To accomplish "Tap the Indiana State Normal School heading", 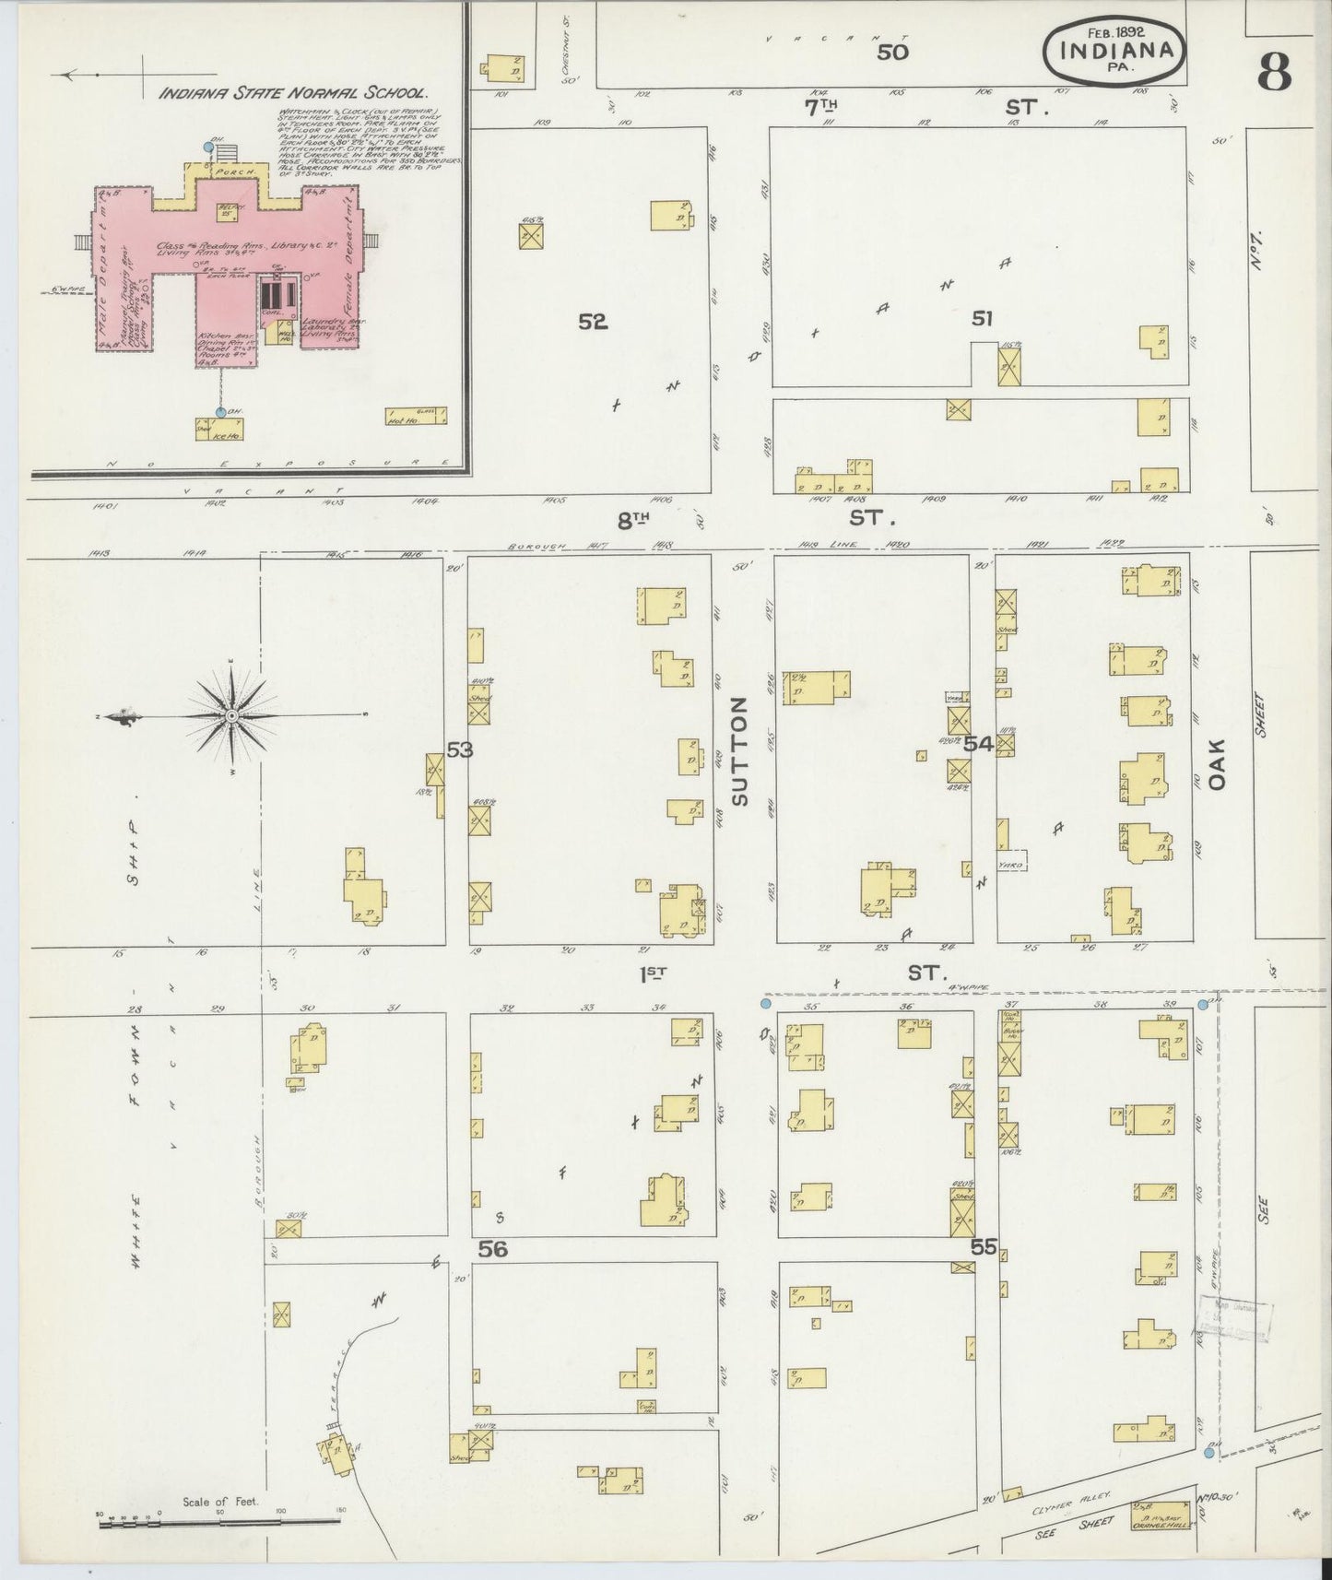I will (x=293, y=93).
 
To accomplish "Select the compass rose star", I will (x=231, y=714).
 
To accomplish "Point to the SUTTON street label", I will (x=739, y=751).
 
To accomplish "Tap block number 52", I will (x=593, y=321).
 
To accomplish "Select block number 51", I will (x=982, y=318).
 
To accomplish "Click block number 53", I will (x=459, y=749).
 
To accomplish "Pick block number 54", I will (x=978, y=744).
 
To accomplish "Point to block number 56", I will (x=493, y=1248).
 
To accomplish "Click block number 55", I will (x=984, y=1246).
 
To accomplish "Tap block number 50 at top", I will (x=891, y=52).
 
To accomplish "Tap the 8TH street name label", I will (x=634, y=521).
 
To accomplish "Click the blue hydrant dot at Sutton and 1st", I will (x=766, y=1002).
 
